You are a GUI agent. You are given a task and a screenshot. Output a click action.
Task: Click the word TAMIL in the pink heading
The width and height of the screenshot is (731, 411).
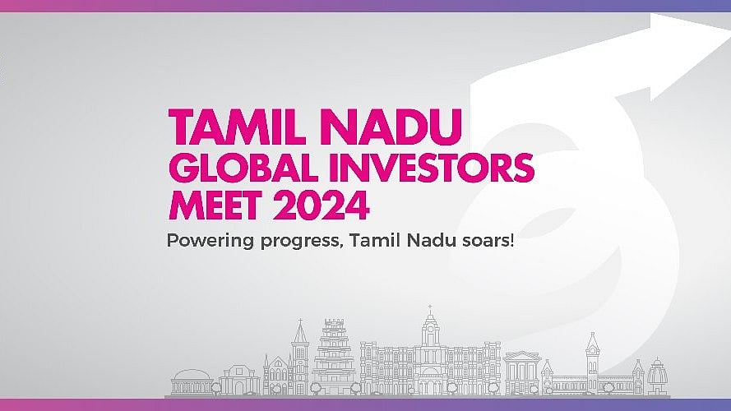click(x=236, y=127)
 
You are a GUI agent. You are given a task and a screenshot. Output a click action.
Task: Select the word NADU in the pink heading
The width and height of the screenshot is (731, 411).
click(x=391, y=127)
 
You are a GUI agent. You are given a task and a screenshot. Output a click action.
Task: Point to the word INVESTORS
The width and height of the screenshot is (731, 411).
click(x=432, y=168)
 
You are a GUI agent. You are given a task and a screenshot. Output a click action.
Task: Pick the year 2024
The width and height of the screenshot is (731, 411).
click(x=322, y=205)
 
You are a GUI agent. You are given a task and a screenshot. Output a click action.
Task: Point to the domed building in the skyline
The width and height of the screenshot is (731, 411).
click(x=192, y=382)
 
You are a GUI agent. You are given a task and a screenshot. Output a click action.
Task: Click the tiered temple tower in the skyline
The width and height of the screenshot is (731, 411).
click(x=334, y=357)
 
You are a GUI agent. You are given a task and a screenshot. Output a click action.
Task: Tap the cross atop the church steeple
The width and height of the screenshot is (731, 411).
click(x=301, y=321)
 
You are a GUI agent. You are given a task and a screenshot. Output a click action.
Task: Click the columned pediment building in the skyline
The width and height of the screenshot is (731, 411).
click(x=522, y=373)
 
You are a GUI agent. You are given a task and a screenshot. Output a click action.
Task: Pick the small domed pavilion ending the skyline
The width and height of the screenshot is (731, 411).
click(x=657, y=376)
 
